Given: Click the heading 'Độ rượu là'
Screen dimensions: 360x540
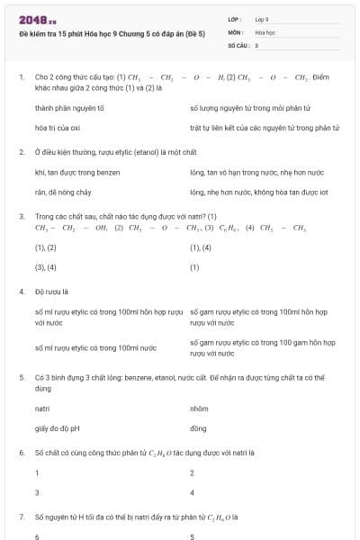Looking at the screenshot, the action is pos(51,292).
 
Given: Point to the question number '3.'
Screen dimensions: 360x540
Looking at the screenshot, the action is pos(22,217).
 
